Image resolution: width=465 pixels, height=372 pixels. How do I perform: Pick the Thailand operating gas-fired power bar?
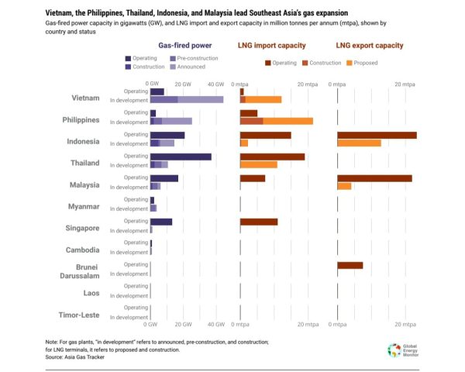click(181, 157)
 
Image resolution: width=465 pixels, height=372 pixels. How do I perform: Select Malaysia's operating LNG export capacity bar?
click(374, 178)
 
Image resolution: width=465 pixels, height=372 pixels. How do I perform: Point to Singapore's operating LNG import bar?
click(259, 222)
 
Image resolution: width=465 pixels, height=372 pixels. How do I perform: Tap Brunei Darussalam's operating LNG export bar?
click(350, 265)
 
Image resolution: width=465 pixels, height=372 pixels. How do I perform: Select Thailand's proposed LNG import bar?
click(259, 164)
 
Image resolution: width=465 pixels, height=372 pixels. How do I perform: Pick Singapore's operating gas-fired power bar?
click(161, 222)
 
